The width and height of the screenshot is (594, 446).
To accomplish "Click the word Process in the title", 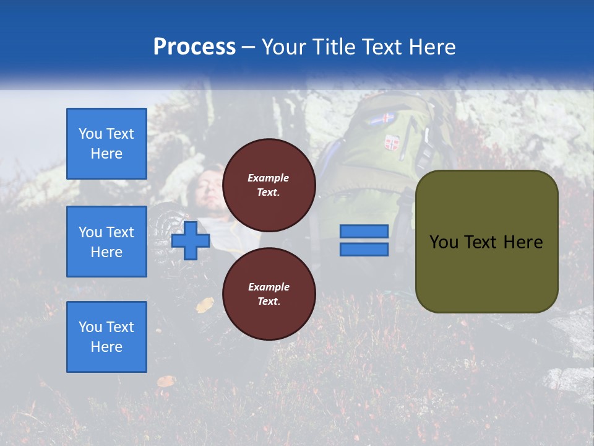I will [194, 47].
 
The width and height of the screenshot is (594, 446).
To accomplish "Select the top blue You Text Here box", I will [106, 144].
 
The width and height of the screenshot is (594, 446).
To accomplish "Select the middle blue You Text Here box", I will [106, 242].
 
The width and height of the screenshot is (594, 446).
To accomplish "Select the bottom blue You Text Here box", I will [106, 337].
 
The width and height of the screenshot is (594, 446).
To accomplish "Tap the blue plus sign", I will [191, 240].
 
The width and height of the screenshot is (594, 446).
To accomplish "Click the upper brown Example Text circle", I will [269, 185].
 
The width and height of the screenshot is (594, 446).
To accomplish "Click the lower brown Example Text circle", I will [269, 294].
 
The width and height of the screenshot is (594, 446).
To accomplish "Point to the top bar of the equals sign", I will [364, 231].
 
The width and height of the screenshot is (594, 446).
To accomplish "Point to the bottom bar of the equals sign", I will [364, 249].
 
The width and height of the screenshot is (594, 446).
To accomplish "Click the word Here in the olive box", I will [523, 242].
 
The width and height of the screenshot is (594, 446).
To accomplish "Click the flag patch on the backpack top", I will [382, 118].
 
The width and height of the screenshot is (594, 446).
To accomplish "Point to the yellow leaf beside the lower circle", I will [205, 304].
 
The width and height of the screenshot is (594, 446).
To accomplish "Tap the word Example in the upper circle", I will [268, 178].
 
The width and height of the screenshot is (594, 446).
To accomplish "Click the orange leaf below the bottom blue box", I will [165, 381].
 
